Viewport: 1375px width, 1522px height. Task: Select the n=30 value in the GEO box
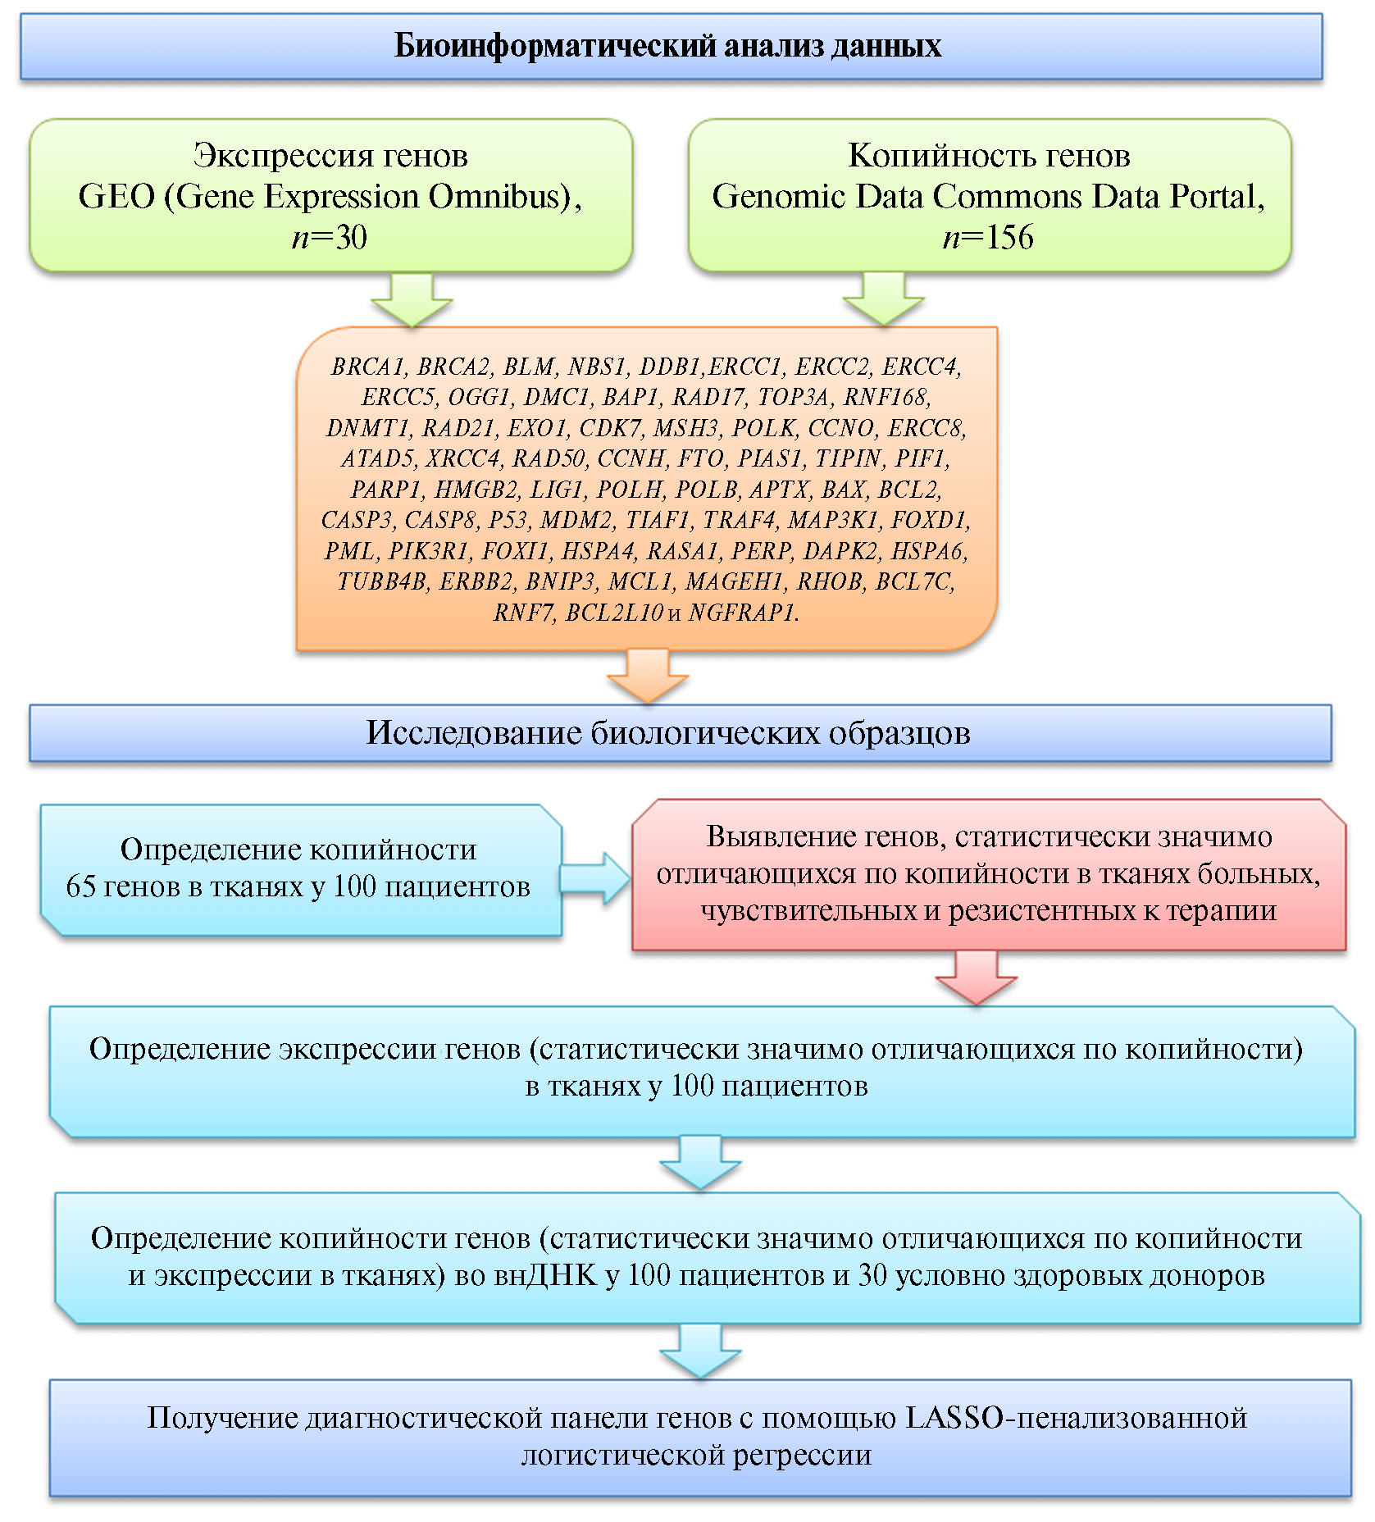click(330, 238)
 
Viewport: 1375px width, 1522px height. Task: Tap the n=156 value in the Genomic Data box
click(988, 238)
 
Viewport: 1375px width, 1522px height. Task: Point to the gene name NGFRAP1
click(743, 613)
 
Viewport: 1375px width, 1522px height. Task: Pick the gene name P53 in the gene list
click(508, 520)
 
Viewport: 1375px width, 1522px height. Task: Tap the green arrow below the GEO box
click(412, 300)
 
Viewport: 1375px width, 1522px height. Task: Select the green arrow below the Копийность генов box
click(884, 300)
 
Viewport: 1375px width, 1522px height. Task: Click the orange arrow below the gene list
click(648, 676)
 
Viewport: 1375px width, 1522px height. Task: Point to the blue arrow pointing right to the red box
click(595, 878)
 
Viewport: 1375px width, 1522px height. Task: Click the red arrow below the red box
click(977, 977)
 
